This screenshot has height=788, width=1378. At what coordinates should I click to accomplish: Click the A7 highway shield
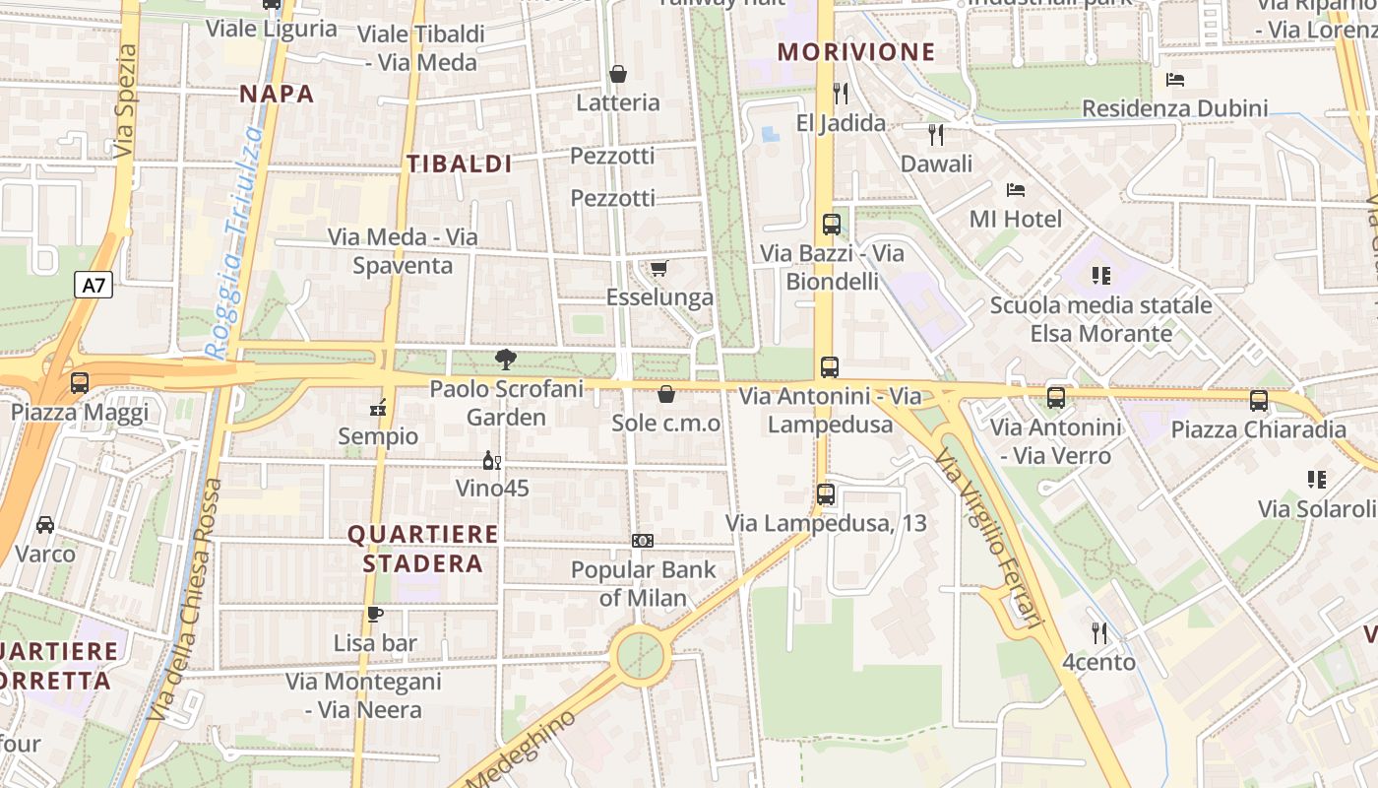93,286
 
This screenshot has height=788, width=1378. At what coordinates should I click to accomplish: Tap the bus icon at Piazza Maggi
80,383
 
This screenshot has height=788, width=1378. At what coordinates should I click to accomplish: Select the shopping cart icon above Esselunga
659,268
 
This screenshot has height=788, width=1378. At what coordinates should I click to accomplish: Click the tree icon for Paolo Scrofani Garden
506,360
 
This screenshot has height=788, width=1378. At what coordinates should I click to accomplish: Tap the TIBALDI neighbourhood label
460,164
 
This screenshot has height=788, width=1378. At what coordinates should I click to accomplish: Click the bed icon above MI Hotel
1016,189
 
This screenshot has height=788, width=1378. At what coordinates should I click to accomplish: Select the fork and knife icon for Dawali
936,134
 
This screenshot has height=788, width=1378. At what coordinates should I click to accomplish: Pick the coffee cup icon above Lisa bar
374,615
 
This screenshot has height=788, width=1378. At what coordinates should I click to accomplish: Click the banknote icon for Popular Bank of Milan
643,541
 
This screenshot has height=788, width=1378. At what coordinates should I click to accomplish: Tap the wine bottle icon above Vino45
491,460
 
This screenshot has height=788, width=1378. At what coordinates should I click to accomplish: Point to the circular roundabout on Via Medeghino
640,653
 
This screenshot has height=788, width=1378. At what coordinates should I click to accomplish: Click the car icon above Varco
45,524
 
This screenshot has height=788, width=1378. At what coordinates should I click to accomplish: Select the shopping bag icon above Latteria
618,74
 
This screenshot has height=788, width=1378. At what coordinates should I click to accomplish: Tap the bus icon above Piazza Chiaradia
1259,401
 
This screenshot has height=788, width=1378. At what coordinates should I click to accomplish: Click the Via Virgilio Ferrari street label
987,538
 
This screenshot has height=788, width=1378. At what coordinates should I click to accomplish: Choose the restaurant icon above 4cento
1099,632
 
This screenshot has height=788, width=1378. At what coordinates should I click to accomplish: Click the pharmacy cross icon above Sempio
378,407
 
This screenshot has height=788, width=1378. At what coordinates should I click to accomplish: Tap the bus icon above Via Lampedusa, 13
826,493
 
